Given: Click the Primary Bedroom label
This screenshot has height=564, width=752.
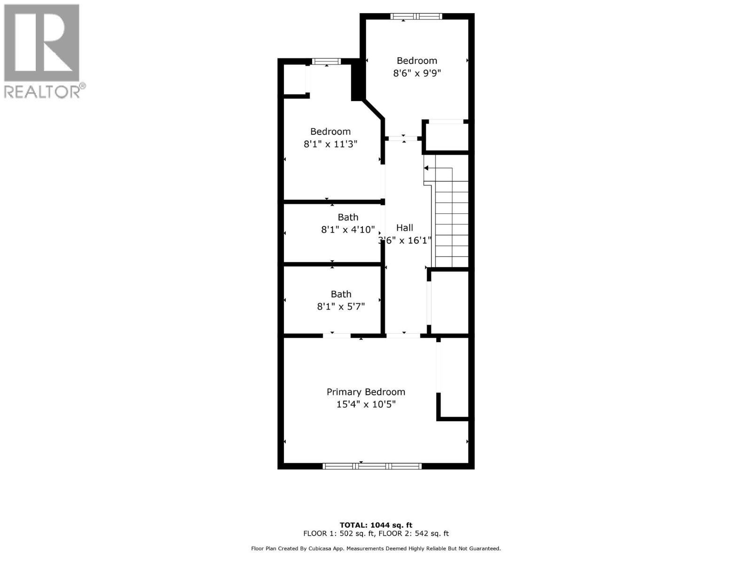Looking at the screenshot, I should (x=366, y=392).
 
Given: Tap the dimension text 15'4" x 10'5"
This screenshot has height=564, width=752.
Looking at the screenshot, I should (x=366, y=404).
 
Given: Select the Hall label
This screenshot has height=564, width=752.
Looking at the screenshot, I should (x=404, y=228).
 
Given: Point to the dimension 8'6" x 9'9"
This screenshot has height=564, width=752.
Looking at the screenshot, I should (x=417, y=73).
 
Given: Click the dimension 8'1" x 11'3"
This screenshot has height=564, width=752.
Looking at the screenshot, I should (x=330, y=144).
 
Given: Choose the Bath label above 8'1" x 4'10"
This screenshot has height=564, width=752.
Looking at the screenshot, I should (x=348, y=217).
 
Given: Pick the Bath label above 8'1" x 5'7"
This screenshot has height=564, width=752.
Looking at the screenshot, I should (x=341, y=294).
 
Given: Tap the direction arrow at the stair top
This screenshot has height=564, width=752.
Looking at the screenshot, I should (x=426, y=168).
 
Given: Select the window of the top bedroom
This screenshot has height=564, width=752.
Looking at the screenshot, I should (x=416, y=16).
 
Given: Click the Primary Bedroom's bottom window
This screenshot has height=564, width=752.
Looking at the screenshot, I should (x=372, y=466).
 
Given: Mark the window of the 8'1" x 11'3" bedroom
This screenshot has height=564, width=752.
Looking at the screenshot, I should (x=326, y=61).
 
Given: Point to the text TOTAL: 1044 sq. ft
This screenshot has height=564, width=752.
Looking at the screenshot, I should (x=376, y=525).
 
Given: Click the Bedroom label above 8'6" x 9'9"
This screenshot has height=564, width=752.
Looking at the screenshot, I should (x=417, y=61).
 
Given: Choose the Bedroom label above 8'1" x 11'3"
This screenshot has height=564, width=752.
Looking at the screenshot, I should (x=330, y=132).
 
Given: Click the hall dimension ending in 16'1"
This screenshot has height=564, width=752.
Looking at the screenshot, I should (x=405, y=240).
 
